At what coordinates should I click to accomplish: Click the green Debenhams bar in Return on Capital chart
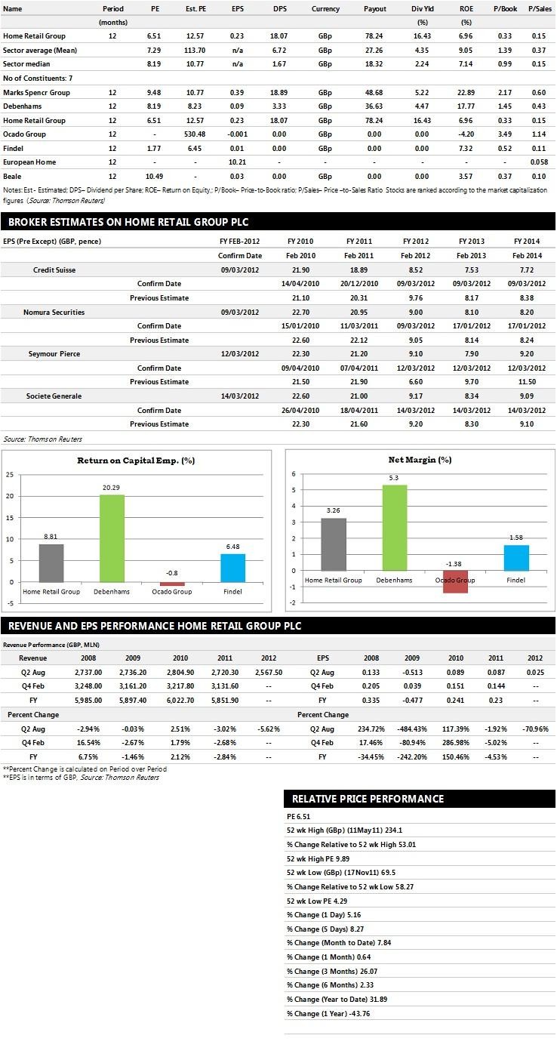tap(112, 538)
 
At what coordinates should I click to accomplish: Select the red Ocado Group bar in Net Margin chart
tap(455, 581)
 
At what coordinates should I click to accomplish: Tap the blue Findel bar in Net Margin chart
tap(516, 558)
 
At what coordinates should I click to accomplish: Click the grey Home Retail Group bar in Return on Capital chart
tap(51, 562)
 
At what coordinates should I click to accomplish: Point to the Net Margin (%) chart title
tap(420, 459)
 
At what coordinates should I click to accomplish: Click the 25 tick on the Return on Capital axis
tap(10, 475)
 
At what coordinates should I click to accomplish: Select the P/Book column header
tap(505, 8)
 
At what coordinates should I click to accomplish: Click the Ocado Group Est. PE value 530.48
tap(195, 134)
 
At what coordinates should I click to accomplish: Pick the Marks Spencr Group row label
tap(36, 93)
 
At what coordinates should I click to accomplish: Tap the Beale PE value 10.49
tap(154, 176)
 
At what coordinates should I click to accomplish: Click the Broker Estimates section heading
tap(128, 222)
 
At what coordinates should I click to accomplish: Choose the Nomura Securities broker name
tap(54, 312)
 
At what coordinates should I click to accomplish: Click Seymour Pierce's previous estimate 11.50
tap(527, 381)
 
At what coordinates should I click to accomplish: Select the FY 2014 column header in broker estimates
tap(527, 241)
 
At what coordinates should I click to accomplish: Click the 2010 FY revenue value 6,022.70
tap(180, 700)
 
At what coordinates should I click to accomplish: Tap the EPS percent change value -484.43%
tap(412, 729)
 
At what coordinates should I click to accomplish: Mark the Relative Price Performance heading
tap(368, 799)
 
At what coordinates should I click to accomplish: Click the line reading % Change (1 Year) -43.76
tap(328, 1013)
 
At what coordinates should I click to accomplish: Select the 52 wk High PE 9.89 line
tap(319, 858)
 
